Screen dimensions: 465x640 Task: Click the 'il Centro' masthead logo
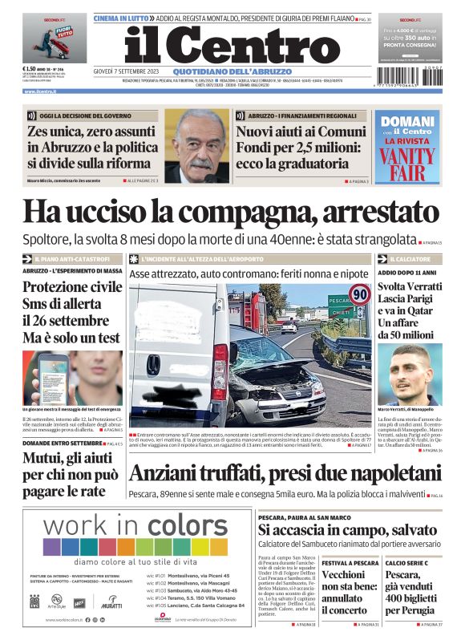click(232, 46)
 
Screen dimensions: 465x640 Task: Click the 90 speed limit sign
click(360, 295)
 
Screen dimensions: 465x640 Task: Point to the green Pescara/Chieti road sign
click(340, 306)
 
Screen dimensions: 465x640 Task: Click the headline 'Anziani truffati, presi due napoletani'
click(285, 474)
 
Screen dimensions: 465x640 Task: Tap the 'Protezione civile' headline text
click(72, 287)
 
